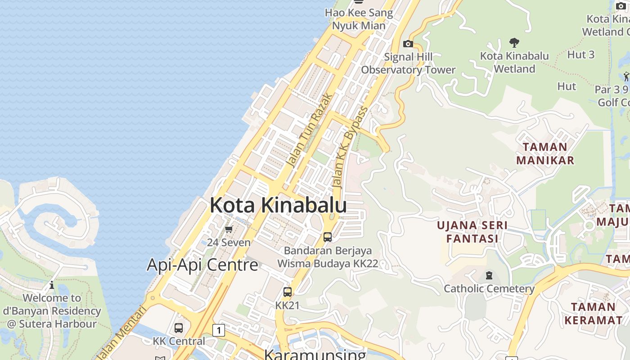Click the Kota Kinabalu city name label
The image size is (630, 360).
click(x=278, y=205)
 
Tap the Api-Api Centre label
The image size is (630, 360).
click(x=202, y=265)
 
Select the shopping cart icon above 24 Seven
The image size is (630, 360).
click(x=229, y=229)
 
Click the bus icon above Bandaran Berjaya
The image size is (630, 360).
click(x=328, y=237)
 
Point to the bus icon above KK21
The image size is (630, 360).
click(x=288, y=292)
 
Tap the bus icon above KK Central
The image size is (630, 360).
click(x=179, y=328)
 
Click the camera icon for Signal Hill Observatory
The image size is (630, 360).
click(x=408, y=44)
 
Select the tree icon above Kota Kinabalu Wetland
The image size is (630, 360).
click(x=514, y=43)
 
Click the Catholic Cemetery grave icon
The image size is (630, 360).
click(x=489, y=275)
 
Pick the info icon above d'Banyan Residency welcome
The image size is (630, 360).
click(x=52, y=285)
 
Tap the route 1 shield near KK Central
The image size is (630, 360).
click(x=219, y=330)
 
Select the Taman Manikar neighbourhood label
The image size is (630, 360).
click(x=545, y=153)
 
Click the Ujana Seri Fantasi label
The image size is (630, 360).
click(x=472, y=232)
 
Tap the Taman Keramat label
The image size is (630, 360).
click(x=593, y=313)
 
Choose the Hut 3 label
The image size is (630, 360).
click(x=581, y=55)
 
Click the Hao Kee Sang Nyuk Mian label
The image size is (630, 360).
click(x=359, y=19)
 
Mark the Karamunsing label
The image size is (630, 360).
click(x=315, y=354)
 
